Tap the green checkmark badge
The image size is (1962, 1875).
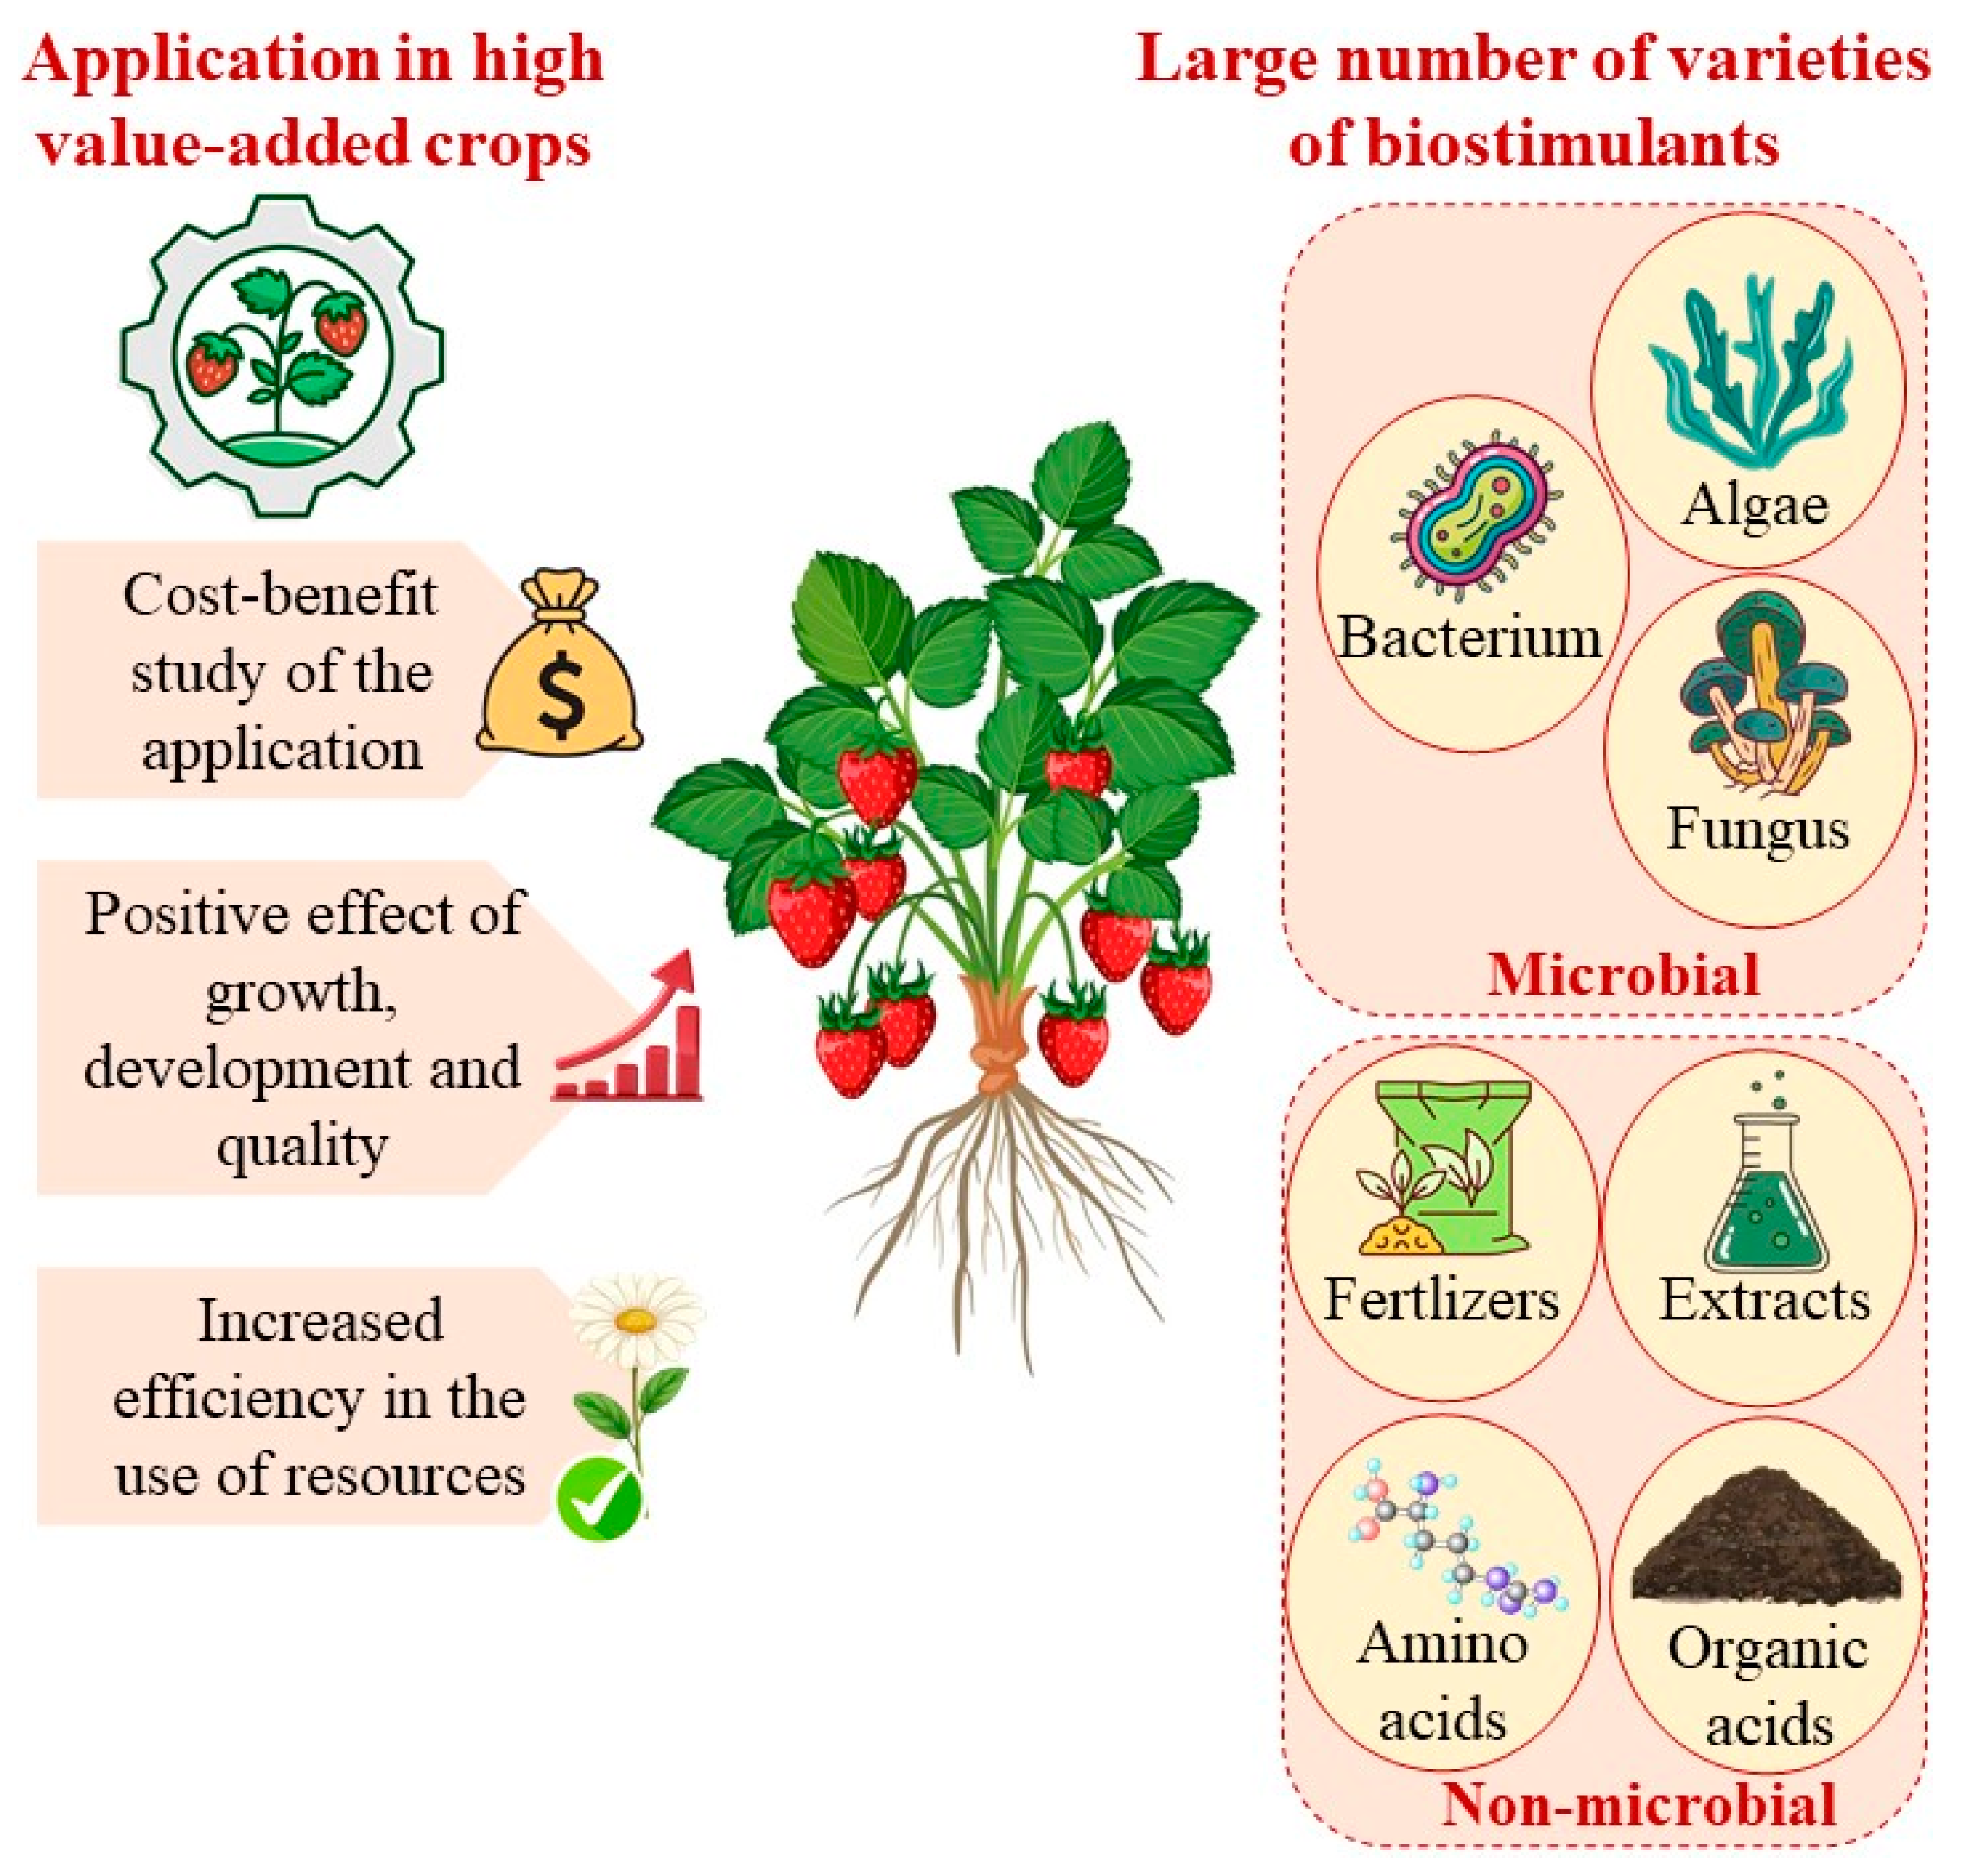click(600, 1500)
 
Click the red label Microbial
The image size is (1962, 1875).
click(1622, 974)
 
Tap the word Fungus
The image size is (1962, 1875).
click(1757, 830)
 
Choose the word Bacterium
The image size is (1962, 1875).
click(1469, 637)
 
